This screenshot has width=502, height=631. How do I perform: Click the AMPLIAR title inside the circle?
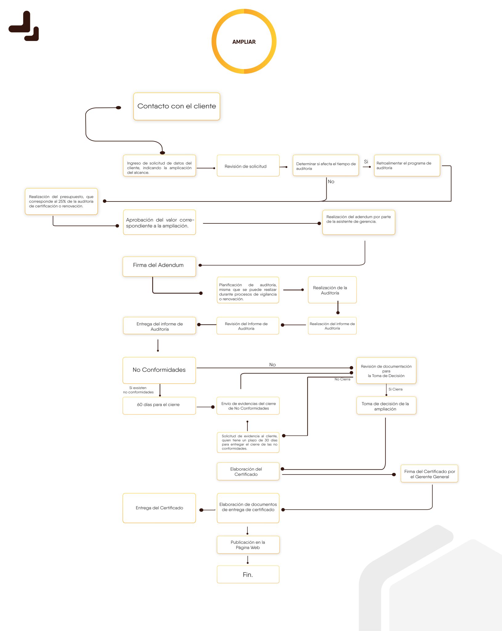tap(244, 42)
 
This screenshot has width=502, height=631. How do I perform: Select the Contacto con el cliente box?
tap(177, 106)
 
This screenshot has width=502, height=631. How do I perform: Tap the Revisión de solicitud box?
tap(248, 166)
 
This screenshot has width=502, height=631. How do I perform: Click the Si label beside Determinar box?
tap(366, 162)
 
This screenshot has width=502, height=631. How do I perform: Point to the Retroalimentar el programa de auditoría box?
tap(407, 165)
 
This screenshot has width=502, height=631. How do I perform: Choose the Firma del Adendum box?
tap(159, 267)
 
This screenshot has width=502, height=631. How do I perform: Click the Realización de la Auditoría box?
tap(332, 290)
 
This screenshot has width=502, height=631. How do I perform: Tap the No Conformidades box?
tap(159, 370)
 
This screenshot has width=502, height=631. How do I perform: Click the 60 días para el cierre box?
tap(159, 406)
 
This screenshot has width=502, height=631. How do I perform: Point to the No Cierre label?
tap(342, 379)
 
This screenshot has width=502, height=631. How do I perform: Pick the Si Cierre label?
tap(395, 389)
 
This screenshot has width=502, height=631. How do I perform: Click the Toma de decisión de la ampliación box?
tap(386, 405)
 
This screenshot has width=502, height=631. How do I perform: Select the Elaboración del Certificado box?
tap(248, 471)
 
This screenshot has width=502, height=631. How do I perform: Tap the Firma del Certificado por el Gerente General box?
tap(429, 474)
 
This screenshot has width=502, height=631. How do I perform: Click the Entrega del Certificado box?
tap(159, 508)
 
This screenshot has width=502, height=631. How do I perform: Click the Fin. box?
tap(248, 574)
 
